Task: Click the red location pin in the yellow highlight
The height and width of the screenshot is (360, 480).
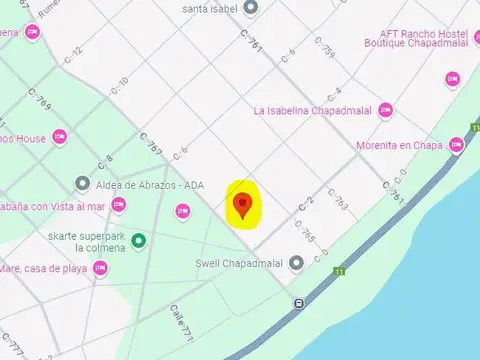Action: pos(242,206)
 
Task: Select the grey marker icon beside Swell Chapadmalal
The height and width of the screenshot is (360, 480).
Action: pos(296,265)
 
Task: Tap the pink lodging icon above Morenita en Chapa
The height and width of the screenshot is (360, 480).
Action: pos(452,78)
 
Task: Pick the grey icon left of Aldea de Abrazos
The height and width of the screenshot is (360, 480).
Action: pos(82,184)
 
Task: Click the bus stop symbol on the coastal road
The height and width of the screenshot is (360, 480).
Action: pos(299,303)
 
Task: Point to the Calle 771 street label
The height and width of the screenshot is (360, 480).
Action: pos(180,319)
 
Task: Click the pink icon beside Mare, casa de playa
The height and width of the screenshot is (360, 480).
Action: pos(100,268)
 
